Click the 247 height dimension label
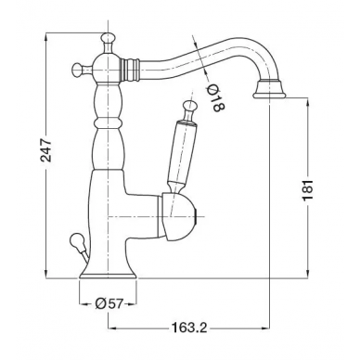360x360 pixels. click(x=45, y=150)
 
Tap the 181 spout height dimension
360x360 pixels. click(x=308, y=189)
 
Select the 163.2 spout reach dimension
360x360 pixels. click(x=189, y=328)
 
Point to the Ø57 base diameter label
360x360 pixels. click(x=109, y=304)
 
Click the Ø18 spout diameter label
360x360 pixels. click(x=215, y=97)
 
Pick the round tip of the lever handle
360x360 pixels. click(x=189, y=105)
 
